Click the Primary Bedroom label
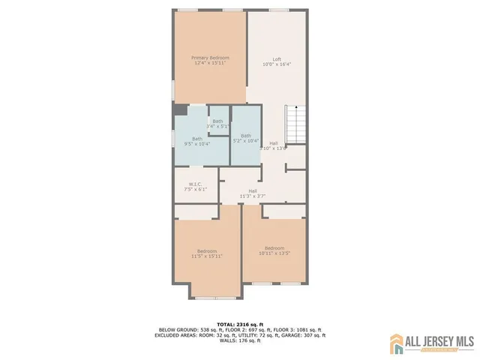point(210,58)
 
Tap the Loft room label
point(277,59)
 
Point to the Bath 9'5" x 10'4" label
point(196,138)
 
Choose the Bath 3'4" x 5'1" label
point(217,121)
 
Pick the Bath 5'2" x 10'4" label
point(246,136)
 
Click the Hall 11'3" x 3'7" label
point(253,191)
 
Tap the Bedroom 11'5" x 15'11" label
point(207,250)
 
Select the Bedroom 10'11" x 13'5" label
point(274,247)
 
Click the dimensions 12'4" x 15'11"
point(210,63)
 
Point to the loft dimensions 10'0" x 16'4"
point(277,64)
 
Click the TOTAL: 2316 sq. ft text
point(239,324)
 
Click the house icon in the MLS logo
point(396,344)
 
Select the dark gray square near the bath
point(179,109)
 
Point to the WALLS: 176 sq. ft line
point(240,340)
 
